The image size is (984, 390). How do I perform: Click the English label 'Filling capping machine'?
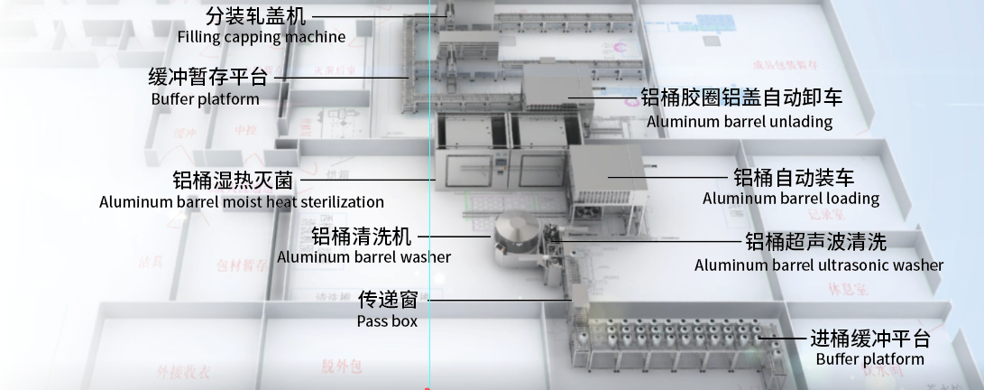261,37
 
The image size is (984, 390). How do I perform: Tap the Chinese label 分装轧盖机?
256,16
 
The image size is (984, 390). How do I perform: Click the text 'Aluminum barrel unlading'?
739,121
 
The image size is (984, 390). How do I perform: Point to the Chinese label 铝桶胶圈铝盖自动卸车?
741,97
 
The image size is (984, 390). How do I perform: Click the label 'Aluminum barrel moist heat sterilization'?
242,202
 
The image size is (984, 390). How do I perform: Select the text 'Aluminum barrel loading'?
790,199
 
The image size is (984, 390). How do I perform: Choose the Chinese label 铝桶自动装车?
793,177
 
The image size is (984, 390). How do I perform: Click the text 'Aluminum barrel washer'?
363,257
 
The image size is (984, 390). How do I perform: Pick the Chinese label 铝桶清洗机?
361,237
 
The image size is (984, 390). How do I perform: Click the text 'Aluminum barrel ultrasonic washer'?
818,265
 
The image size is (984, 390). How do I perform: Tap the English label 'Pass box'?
387,320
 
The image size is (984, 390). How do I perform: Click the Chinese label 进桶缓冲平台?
869,339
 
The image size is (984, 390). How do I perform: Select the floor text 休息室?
846,290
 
